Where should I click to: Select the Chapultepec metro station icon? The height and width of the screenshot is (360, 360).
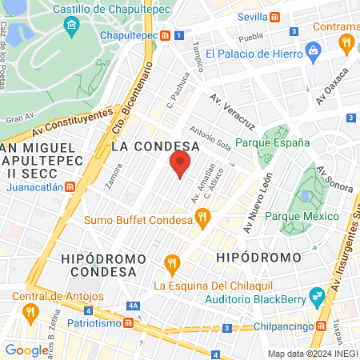[x=165, y=36]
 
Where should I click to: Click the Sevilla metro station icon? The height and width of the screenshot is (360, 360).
[x=274, y=16]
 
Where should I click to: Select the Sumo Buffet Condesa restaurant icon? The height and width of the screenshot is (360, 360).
[x=203, y=215]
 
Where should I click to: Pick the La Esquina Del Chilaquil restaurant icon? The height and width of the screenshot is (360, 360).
[x=170, y=262]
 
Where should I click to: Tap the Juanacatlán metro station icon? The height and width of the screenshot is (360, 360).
[x=70, y=187]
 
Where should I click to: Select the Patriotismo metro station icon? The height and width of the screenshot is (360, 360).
[x=128, y=323]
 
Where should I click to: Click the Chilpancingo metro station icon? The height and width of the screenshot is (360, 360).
[x=322, y=326]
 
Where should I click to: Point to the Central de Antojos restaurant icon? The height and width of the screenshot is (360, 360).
[x=31, y=310]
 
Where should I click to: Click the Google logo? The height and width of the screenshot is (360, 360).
[x=26, y=350]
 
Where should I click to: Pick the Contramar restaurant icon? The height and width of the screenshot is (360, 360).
[x=346, y=42]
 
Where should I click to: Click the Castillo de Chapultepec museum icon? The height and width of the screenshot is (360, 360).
[x=73, y=26]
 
